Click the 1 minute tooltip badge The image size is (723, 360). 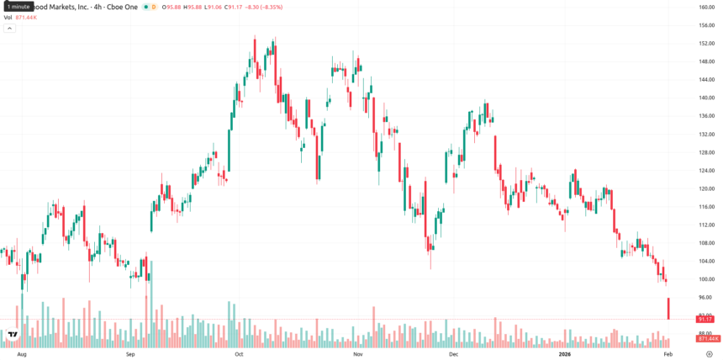pyautogui.click(x=18, y=6)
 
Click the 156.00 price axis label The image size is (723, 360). pyautogui.click(x=706, y=25)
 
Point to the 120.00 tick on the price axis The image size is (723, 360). pyautogui.click(x=706, y=188)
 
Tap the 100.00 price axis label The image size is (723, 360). pyautogui.click(x=706, y=279)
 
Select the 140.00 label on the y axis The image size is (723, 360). pyautogui.click(x=706, y=98)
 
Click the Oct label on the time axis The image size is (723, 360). pyautogui.click(x=239, y=355)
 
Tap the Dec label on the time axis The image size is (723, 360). pyautogui.click(x=453, y=355)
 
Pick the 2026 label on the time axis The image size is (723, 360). pyautogui.click(x=565, y=355)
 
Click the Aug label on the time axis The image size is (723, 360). pyautogui.click(x=22, y=355)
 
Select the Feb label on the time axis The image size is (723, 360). pyautogui.click(x=668, y=355)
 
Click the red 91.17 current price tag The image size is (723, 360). pyautogui.click(x=705, y=320)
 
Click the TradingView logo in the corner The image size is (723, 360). pyautogui.click(x=13, y=335)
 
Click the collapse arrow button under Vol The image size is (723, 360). pyautogui.click(x=10, y=28)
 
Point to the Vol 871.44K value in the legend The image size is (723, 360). pyautogui.click(x=25, y=17)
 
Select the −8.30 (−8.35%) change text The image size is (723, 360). pyautogui.click(x=265, y=7)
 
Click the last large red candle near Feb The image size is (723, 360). pyautogui.click(x=668, y=308)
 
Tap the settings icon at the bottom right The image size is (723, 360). pyautogui.click(x=709, y=355)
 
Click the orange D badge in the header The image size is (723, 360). pyautogui.click(x=154, y=7)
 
